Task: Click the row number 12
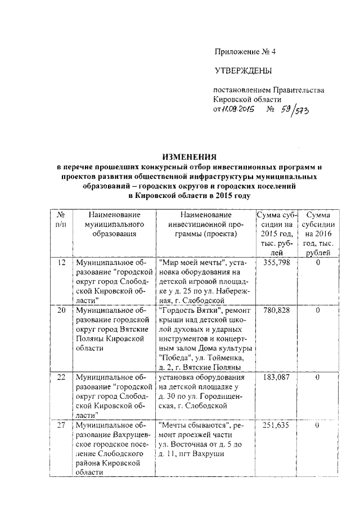(x=62, y=262)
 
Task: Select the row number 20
(x=62, y=310)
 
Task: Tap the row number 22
(x=62, y=377)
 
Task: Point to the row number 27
(x=62, y=425)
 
